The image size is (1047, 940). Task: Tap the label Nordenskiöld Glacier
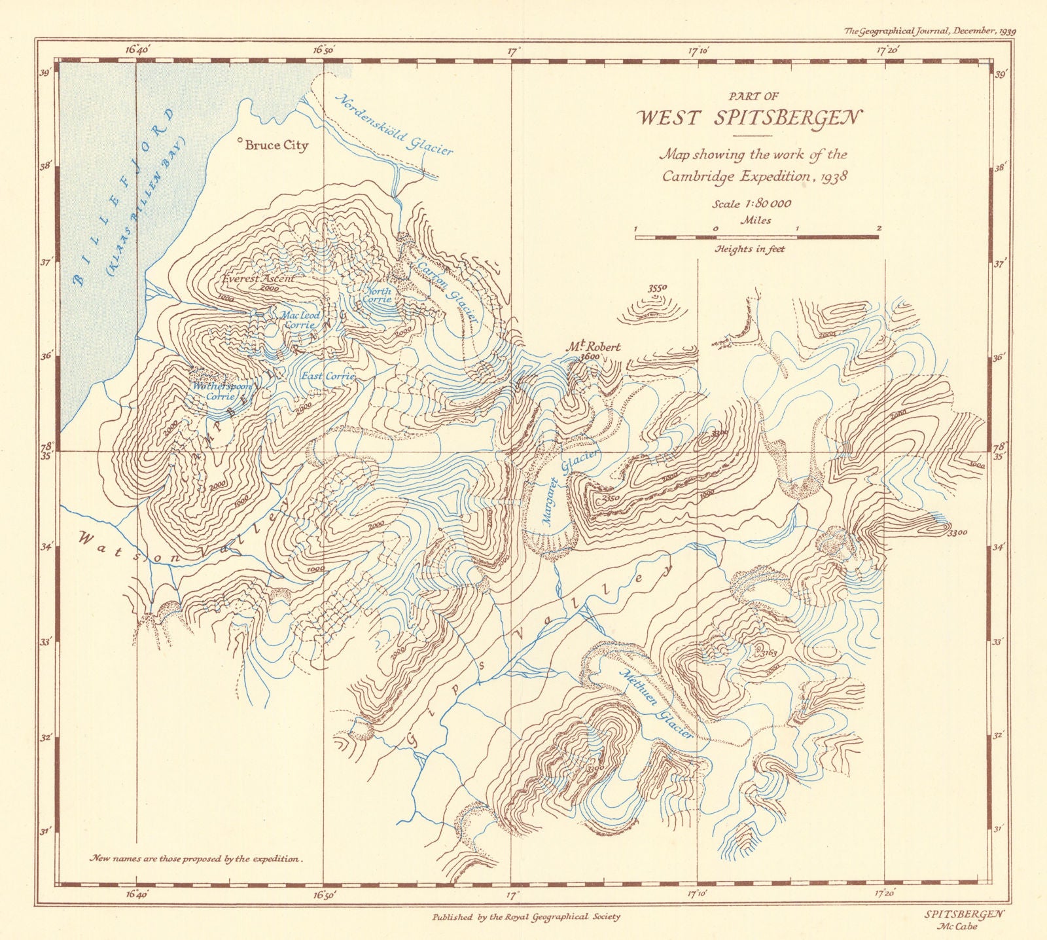393,125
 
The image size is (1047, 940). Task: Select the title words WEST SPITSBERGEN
750,118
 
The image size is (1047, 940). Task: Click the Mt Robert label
593,347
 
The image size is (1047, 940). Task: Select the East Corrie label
327,376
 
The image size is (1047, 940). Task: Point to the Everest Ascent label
258,278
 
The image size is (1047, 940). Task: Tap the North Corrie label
378,295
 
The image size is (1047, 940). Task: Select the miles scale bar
756,236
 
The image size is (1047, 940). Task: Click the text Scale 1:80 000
751,204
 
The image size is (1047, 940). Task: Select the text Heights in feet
749,249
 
